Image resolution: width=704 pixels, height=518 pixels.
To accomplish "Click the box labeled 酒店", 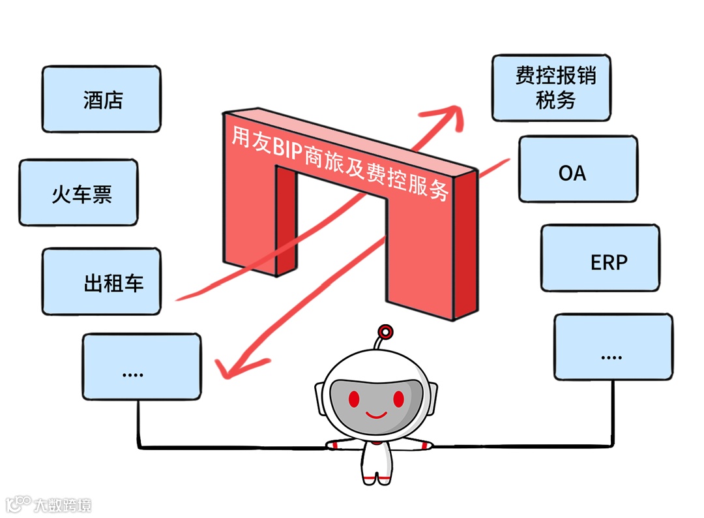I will (101, 99).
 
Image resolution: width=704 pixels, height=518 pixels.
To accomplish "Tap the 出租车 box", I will (101, 282).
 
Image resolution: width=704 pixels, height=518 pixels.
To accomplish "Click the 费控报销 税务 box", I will (551, 88).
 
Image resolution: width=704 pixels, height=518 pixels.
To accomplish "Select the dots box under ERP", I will (613, 347).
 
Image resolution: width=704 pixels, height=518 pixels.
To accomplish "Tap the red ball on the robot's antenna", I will (386, 331).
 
